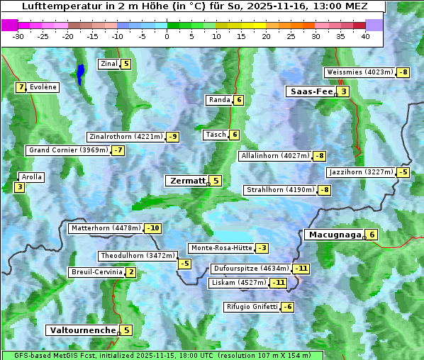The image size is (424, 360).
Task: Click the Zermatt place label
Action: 186,181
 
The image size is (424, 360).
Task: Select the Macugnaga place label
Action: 333,235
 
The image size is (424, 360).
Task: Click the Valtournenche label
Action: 81,330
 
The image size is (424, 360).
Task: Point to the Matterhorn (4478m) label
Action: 105,228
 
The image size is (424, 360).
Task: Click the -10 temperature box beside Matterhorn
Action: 152,228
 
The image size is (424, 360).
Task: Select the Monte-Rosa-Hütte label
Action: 221,248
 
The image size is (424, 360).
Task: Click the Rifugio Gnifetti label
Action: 252,307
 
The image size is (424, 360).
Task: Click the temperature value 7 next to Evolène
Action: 21,87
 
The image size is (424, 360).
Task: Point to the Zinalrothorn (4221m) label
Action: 125,136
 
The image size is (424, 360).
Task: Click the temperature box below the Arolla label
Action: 19,188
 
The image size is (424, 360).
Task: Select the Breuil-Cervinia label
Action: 96,272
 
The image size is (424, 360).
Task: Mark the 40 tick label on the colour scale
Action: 365,36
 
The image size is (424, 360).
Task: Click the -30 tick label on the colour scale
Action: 18,36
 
